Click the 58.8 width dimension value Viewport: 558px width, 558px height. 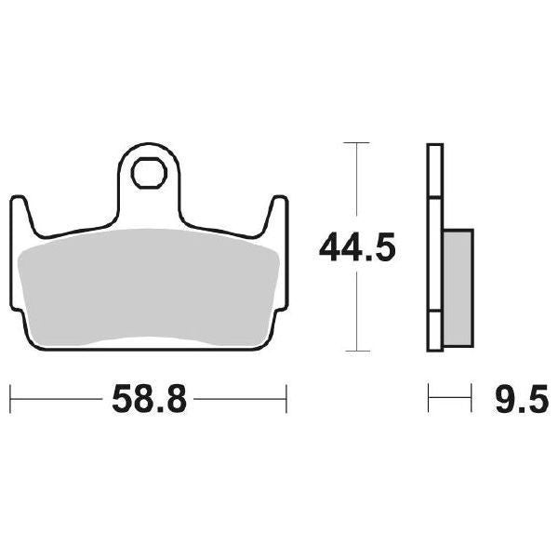tap(149, 401)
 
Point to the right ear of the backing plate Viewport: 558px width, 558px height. tap(275, 212)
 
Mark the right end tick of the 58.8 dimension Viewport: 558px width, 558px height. tap(286, 401)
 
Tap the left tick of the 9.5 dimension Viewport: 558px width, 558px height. tap(429, 401)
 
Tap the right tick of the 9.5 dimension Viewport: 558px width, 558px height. tap(473, 401)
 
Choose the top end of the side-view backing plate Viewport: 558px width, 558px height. tap(433, 147)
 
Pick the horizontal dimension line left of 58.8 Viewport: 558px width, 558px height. tap(56, 401)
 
